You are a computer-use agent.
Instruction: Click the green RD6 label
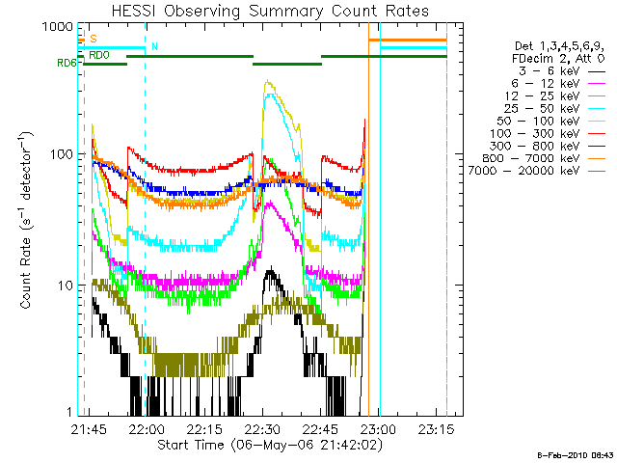[x=67, y=64]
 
